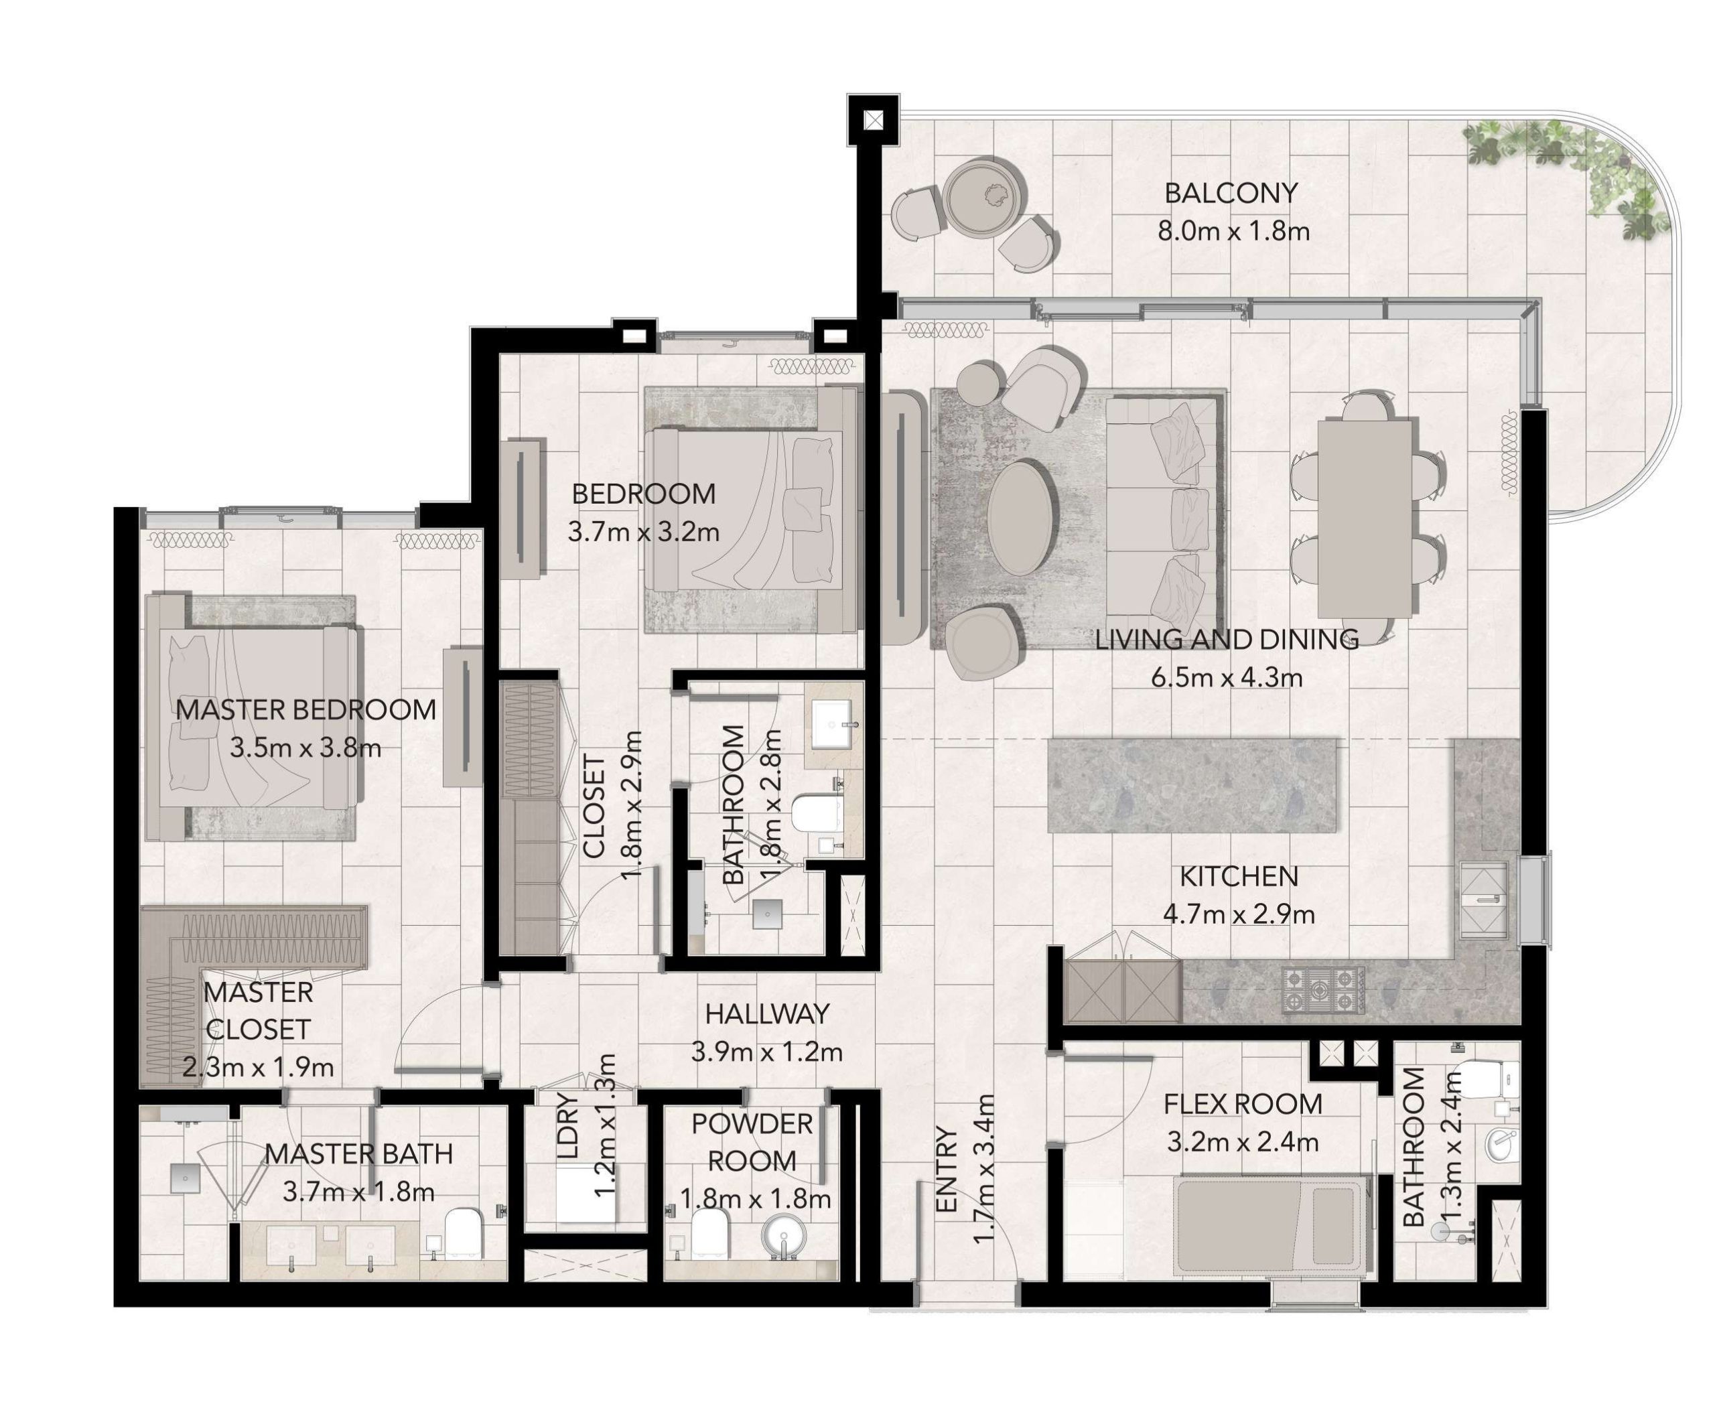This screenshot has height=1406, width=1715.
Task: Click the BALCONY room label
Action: [1231, 193]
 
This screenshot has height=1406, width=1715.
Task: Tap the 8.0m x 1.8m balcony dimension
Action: [1233, 232]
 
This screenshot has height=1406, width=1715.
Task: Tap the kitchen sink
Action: [1483, 899]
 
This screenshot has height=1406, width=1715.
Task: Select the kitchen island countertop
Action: [1192, 784]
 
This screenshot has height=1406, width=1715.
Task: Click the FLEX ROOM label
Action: [1243, 1104]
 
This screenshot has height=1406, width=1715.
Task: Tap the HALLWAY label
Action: [767, 1013]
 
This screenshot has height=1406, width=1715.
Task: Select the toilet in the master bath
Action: [464, 1233]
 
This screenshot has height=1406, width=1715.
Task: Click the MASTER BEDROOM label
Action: [305, 709]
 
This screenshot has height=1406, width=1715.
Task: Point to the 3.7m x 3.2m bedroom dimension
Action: [643, 532]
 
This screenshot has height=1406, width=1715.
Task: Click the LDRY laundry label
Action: [569, 1126]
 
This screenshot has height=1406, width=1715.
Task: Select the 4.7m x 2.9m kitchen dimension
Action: [1239, 914]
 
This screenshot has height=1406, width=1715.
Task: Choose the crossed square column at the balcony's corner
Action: [874, 121]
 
